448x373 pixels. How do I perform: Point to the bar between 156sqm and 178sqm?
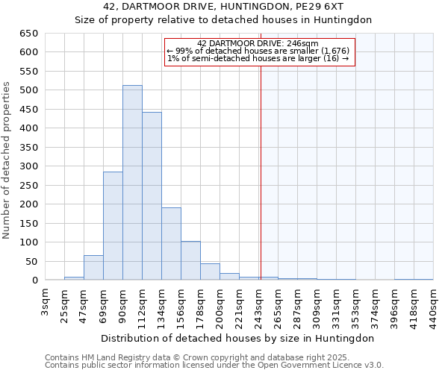[x=190, y=260]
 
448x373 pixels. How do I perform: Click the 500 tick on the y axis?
[x=28, y=90]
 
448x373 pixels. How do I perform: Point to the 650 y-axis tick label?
[x=28, y=34]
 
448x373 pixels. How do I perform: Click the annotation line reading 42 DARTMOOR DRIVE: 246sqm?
[x=258, y=44]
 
